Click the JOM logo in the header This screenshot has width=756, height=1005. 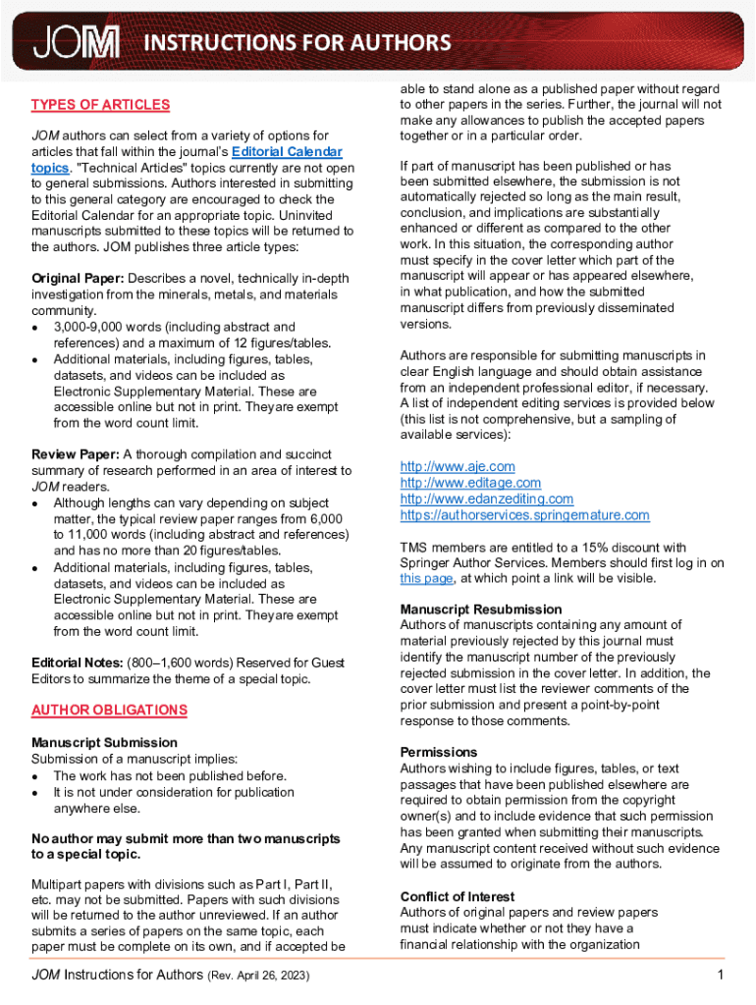tap(77, 42)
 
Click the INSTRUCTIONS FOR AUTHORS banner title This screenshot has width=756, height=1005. tap(297, 42)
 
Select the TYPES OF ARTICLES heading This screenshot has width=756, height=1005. tap(100, 105)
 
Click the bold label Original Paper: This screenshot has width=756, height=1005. tap(78, 279)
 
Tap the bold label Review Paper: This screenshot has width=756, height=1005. tap(75, 455)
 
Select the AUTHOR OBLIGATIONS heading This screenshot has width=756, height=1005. tap(109, 710)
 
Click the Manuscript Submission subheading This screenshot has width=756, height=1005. tap(104, 743)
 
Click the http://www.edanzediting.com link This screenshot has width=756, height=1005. tap(487, 500)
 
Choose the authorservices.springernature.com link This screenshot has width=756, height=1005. tap(524, 515)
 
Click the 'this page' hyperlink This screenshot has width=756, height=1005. tap(426, 579)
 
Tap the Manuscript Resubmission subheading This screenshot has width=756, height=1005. tap(481, 609)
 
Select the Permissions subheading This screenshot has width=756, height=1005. tap(439, 753)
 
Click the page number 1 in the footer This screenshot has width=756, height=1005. tap(720, 975)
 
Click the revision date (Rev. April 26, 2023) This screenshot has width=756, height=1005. tap(261, 976)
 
